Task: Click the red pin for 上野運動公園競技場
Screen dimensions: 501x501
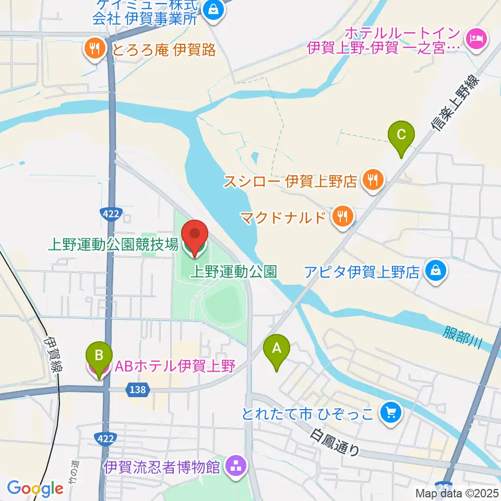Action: coord(195,237)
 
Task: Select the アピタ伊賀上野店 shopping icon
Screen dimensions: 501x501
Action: coord(434,271)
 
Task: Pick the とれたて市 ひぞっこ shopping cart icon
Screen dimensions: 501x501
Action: coord(390,413)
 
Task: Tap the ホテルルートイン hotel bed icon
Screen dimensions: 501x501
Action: coord(476,38)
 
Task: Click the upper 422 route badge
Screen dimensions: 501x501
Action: coord(110,213)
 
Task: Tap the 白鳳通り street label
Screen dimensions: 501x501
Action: coord(335,442)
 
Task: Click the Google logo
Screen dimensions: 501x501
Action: coord(35,488)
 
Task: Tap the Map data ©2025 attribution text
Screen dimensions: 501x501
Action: coord(456,493)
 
